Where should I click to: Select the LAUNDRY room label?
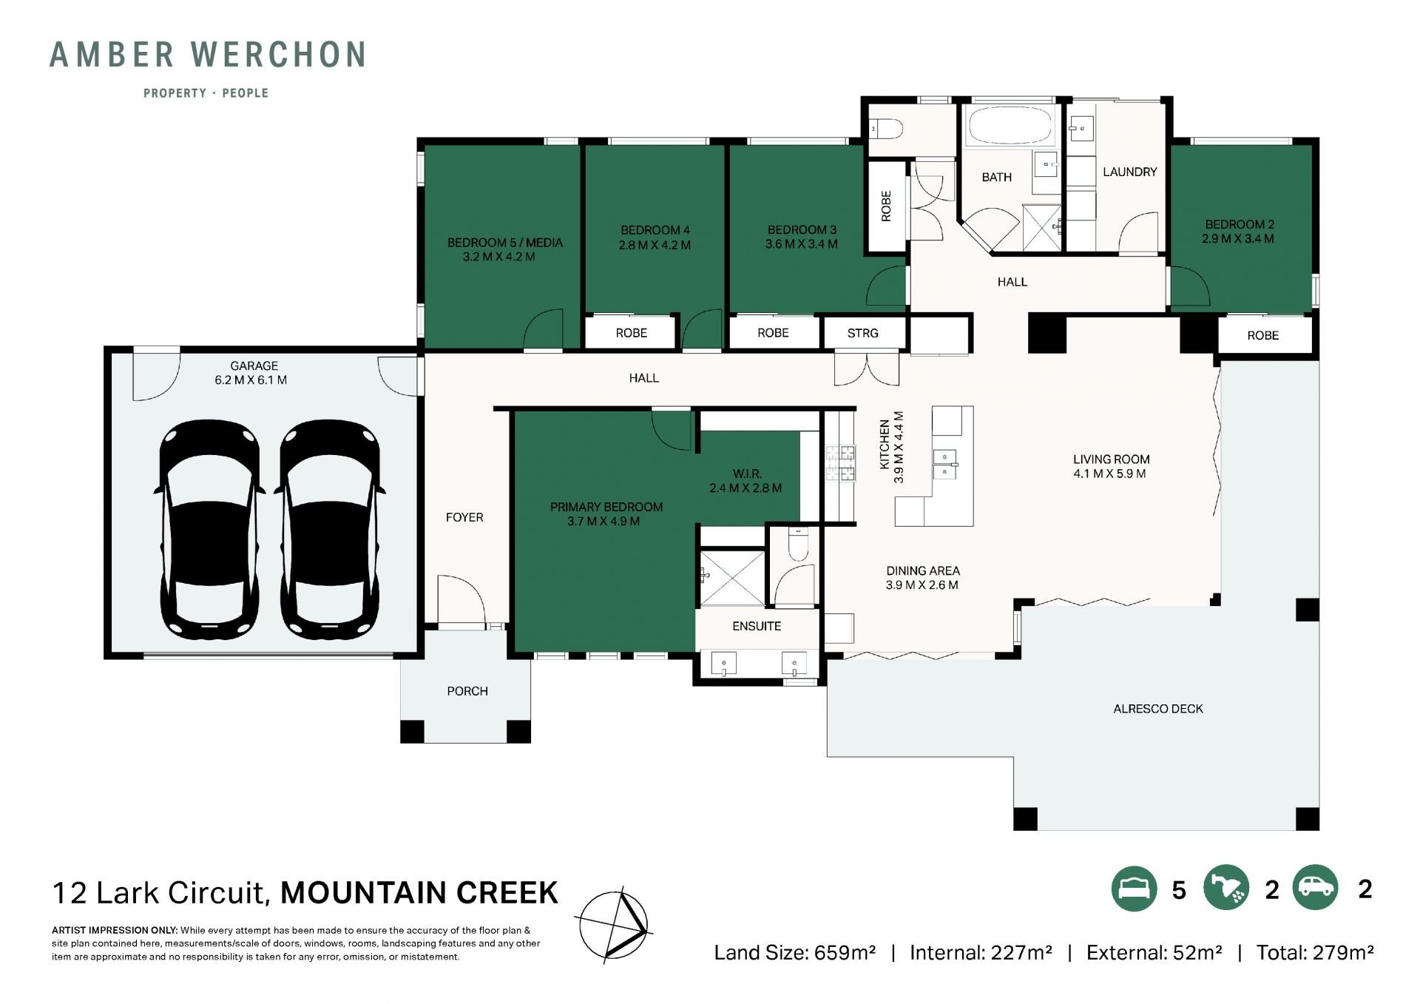tap(1129, 172)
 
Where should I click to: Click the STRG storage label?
tap(862, 333)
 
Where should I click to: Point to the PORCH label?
tap(467, 691)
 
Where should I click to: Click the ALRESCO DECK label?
tap(1158, 709)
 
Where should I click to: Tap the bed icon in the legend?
tap(1134, 888)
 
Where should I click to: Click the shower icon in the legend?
tap(1226, 888)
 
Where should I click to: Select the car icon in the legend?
tap(1316, 888)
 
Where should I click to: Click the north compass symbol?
tap(614, 925)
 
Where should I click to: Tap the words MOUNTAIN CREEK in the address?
tap(419, 893)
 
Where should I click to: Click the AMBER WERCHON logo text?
tap(208, 55)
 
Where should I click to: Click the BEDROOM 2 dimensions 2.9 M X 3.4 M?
tap(1238, 239)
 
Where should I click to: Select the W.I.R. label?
tap(747, 474)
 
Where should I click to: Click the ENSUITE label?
tap(757, 626)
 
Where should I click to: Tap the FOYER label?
tap(464, 517)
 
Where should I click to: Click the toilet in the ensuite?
tap(798, 544)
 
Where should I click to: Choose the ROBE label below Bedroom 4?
tap(631, 333)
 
